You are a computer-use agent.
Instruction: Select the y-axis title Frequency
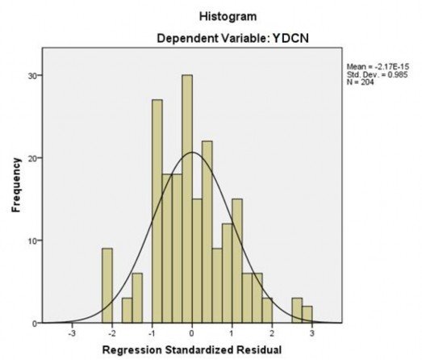coord(15,185)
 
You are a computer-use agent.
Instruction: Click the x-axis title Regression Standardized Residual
coord(192,351)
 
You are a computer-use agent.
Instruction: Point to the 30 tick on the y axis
coord(31,75)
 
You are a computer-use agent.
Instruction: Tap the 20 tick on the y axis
coord(31,158)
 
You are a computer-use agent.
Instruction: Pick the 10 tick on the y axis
coord(31,241)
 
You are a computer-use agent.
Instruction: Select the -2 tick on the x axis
coord(111,333)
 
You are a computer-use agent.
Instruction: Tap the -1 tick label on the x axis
coord(151,333)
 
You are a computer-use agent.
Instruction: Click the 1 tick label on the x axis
coord(232,333)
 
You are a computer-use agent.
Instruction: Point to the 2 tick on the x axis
coord(273,333)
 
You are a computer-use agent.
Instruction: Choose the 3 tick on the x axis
coord(312,333)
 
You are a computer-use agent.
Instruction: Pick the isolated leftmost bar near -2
coord(107,286)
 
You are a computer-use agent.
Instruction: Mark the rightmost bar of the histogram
coord(307,315)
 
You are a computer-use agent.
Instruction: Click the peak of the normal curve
coord(192,153)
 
